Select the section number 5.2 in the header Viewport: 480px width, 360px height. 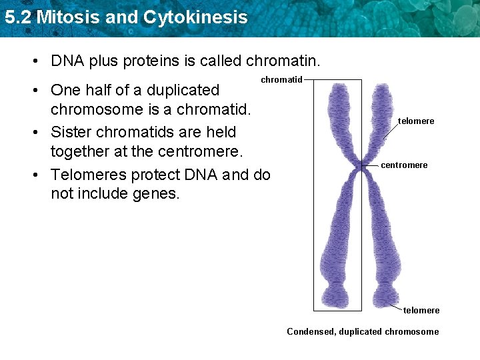pos(17,17)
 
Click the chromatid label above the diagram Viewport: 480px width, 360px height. pos(281,80)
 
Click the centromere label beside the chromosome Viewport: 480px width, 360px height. pos(404,165)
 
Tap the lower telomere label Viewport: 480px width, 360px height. pos(421,311)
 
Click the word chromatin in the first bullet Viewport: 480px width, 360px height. pos(283,61)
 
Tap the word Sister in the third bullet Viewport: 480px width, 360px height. pos(71,132)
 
